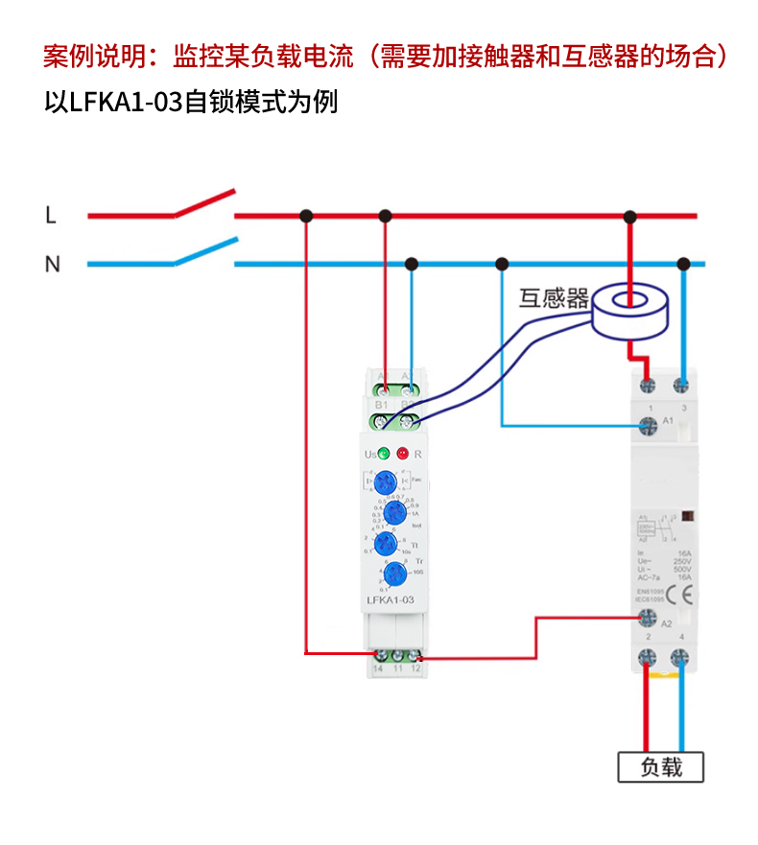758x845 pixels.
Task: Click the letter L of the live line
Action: pyautogui.click(x=51, y=216)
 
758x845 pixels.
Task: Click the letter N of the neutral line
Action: pyautogui.click(x=52, y=264)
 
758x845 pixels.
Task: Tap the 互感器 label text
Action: pyautogui.click(x=554, y=298)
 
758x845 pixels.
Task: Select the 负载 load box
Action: pyautogui.click(x=660, y=767)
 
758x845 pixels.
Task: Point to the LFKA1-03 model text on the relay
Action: pyautogui.click(x=391, y=600)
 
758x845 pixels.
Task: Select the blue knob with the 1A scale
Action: pyautogui.click(x=389, y=512)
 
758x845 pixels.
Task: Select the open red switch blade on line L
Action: pyautogui.click(x=204, y=202)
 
